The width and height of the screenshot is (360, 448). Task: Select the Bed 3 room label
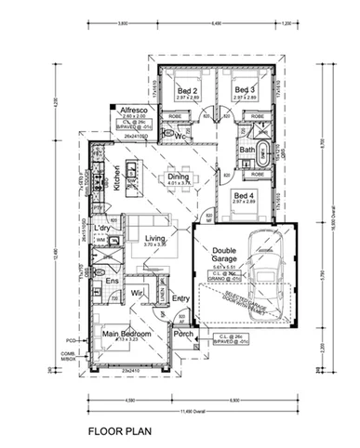click(x=245, y=90)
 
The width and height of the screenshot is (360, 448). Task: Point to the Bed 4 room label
click(x=245, y=196)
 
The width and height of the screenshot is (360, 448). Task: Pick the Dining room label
click(x=179, y=177)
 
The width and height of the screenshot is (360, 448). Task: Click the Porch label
click(x=183, y=334)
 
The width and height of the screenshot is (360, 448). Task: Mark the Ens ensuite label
click(x=111, y=280)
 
